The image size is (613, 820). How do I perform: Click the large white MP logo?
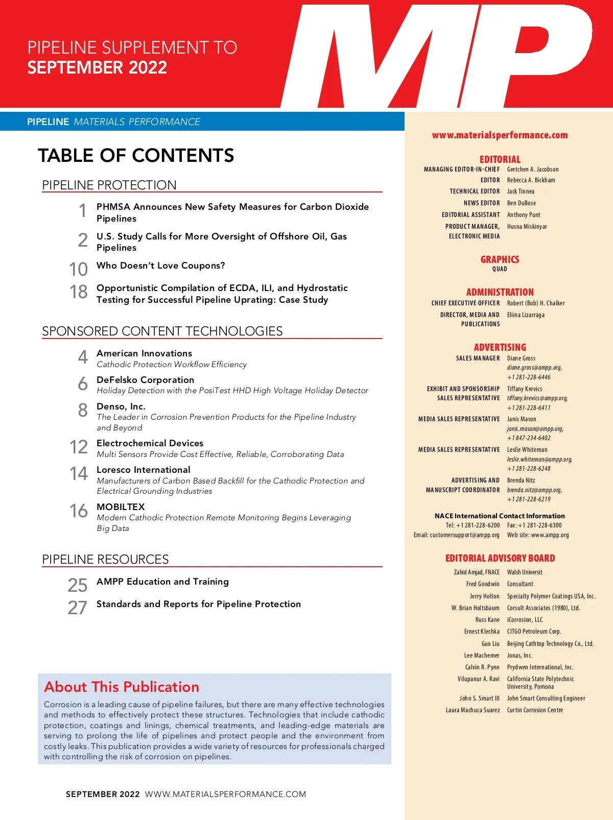434,56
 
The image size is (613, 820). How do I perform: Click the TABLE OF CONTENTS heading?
136,155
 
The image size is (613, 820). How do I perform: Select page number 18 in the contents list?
79,292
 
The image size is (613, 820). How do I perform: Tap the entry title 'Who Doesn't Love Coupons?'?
160,266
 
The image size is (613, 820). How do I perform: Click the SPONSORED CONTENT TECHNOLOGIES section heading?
162,331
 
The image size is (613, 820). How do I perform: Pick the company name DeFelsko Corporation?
145,380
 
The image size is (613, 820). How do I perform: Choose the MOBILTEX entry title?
121,507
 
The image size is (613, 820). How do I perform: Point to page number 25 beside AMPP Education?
78,585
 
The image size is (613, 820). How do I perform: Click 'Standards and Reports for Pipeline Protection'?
198,604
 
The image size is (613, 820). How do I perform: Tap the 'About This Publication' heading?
122,687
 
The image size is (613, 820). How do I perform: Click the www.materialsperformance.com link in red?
500,135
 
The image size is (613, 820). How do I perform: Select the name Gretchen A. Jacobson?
533,170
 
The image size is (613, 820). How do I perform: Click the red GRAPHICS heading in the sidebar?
500,259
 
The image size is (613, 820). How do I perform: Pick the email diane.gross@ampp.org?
534,368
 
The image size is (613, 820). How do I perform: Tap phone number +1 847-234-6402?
529,438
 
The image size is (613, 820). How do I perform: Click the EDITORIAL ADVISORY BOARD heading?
500,558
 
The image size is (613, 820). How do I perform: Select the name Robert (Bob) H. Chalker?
536,303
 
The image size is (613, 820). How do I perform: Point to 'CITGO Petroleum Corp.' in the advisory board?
534,632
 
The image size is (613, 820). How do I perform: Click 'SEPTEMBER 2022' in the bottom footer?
103,794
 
